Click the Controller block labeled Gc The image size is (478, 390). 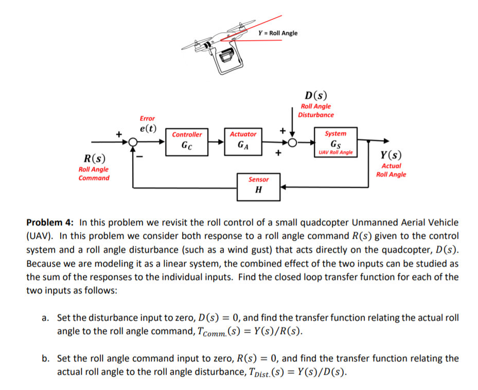point(187,140)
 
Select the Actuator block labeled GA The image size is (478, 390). point(243,140)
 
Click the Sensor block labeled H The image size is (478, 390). point(258,186)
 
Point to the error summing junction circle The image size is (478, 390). point(133,141)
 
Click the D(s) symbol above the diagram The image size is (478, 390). point(315,96)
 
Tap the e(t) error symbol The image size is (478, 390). point(148,128)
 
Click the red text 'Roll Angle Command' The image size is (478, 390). point(94,173)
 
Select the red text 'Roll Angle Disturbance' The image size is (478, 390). point(316,111)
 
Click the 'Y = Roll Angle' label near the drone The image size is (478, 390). point(278,33)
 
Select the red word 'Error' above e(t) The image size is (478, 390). point(147,118)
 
